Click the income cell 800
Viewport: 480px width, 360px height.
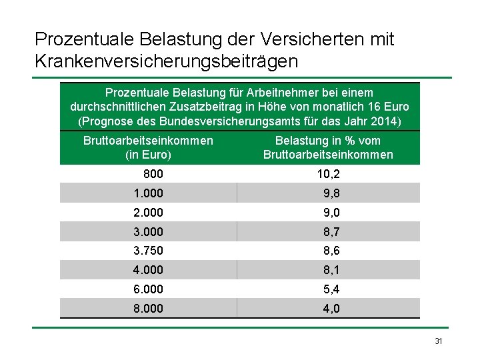point(153,174)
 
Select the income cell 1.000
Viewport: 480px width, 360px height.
point(148,193)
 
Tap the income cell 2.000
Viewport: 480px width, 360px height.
point(148,213)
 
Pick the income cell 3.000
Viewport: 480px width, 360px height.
point(148,232)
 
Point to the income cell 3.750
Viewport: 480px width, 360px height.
point(148,251)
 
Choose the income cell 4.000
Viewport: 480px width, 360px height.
point(148,270)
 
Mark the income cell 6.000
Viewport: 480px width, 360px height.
point(148,289)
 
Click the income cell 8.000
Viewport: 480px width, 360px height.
point(148,308)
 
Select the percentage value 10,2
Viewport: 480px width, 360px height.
point(329,174)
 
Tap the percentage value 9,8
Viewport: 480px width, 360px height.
point(331,193)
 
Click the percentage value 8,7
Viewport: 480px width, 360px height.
point(331,232)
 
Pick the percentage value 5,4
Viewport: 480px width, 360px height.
point(331,289)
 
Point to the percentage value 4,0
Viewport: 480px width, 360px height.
point(331,309)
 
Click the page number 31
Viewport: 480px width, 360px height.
point(439,341)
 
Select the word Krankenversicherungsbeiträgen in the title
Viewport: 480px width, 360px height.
point(166,61)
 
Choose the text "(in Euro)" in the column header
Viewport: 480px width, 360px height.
point(148,155)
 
